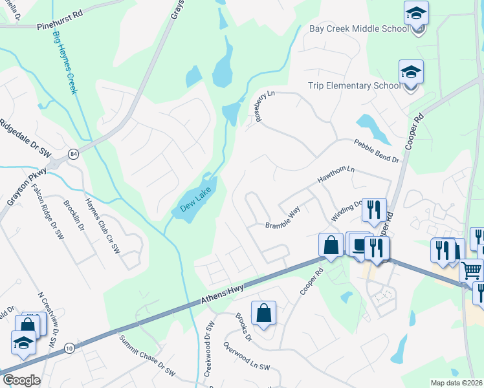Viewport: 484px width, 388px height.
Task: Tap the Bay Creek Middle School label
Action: click(358, 28)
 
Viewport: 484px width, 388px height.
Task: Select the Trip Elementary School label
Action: click(354, 85)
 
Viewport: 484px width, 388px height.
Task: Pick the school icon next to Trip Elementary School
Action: click(411, 71)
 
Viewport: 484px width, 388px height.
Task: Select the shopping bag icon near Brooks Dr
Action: click(263, 313)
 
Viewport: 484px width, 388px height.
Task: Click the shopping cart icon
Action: click(472, 269)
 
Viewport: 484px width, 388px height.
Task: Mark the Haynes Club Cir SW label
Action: click(104, 215)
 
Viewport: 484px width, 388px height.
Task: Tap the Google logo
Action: click(21, 380)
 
